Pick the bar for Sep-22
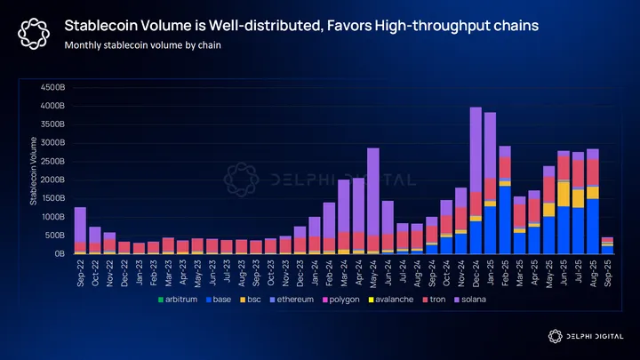(80, 230)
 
